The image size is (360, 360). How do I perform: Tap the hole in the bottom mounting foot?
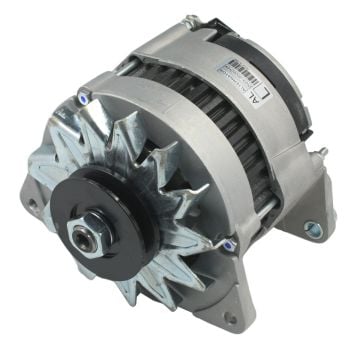tap(232, 318)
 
